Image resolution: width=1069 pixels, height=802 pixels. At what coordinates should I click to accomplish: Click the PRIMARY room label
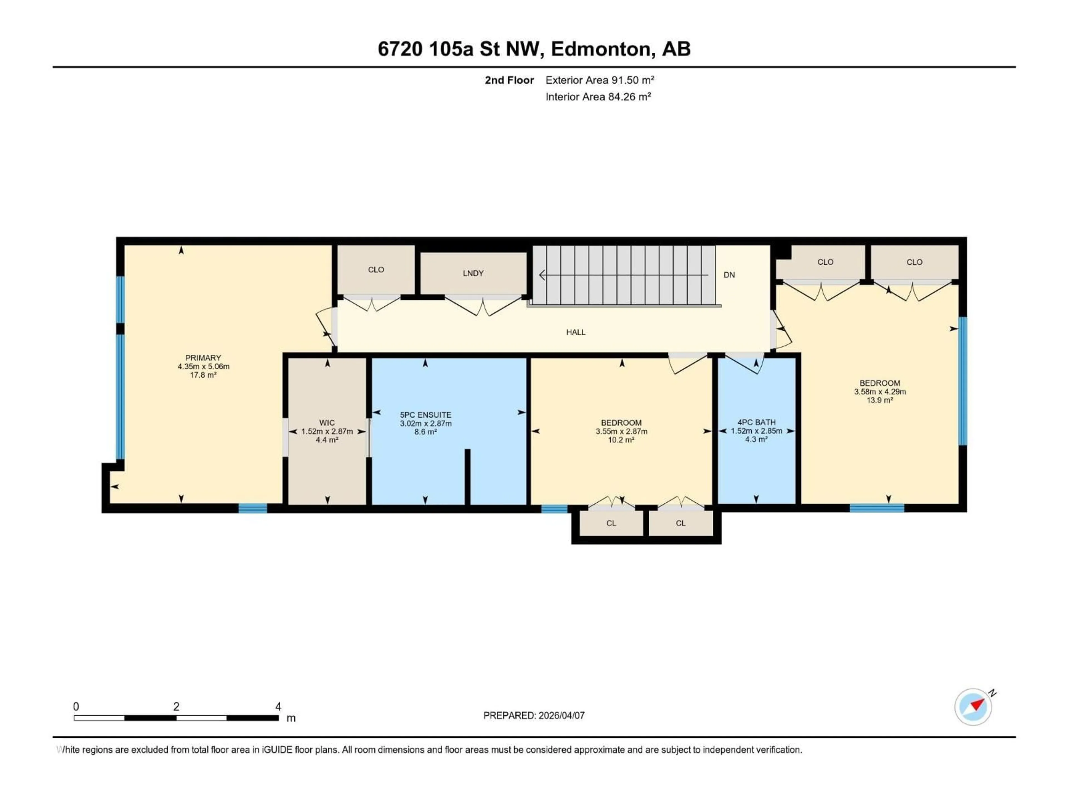pos(203,358)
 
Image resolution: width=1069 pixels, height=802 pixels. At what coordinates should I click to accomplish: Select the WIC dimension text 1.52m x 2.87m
pos(327,431)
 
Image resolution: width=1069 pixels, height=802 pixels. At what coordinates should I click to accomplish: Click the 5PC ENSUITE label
pos(425,415)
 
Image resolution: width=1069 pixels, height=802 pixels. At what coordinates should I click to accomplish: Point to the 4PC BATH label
pos(756,422)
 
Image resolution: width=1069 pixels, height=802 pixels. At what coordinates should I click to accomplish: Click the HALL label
pos(576,332)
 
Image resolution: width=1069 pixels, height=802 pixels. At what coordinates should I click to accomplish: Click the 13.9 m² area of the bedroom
pos(879,400)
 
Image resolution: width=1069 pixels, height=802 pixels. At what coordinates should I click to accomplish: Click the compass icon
pos(973,707)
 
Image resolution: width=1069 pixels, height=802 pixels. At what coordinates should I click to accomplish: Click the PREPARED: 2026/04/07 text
pos(534,715)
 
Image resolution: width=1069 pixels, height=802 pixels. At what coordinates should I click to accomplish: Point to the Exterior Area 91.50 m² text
pos(599,80)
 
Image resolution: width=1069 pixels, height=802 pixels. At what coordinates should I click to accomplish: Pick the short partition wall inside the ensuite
pos(467,476)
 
